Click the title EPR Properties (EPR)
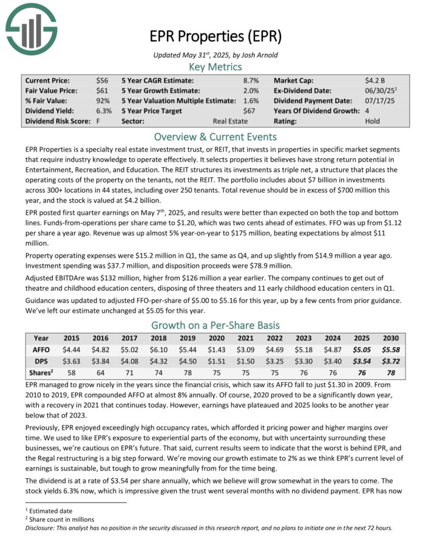coord(215,37)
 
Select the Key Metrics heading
coord(215,67)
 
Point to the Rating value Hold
coord(373,121)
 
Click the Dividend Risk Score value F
coord(98,121)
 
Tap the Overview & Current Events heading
coord(215,136)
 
